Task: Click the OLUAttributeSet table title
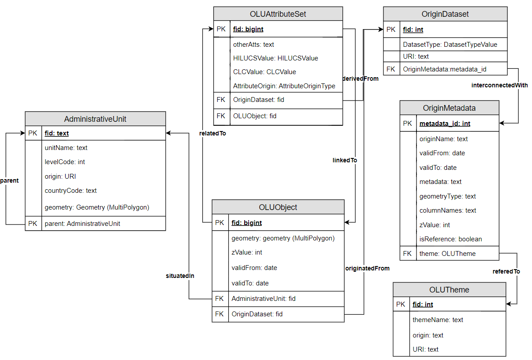pyautogui.click(x=278, y=14)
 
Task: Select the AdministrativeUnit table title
pyautogui.click(x=95, y=119)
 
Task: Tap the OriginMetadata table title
pyautogui.click(x=449, y=108)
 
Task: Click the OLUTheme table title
pyautogui.click(x=449, y=289)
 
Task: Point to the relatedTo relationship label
pyautogui.click(x=212, y=133)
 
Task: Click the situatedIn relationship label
pyautogui.click(x=180, y=276)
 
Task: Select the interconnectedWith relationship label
pyautogui.click(x=499, y=85)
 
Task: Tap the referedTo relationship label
pyautogui.click(x=506, y=271)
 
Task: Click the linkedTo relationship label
pyautogui.click(x=345, y=160)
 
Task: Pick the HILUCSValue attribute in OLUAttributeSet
pyautogui.click(x=275, y=58)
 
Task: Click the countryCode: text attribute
pyautogui.click(x=71, y=191)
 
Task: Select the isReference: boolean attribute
pyautogui.click(x=450, y=239)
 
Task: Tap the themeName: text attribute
pyautogui.click(x=438, y=320)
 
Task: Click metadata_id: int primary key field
pyautogui.click(x=445, y=124)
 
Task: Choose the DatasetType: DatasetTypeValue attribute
pyautogui.click(x=450, y=45)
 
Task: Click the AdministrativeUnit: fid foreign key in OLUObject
pyautogui.click(x=264, y=299)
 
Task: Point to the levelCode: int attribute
pyautogui.click(x=65, y=162)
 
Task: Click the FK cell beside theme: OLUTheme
pyautogui.click(x=407, y=254)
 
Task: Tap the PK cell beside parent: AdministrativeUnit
pyautogui.click(x=33, y=224)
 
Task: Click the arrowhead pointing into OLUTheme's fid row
pyautogui.click(x=509, y=304)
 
